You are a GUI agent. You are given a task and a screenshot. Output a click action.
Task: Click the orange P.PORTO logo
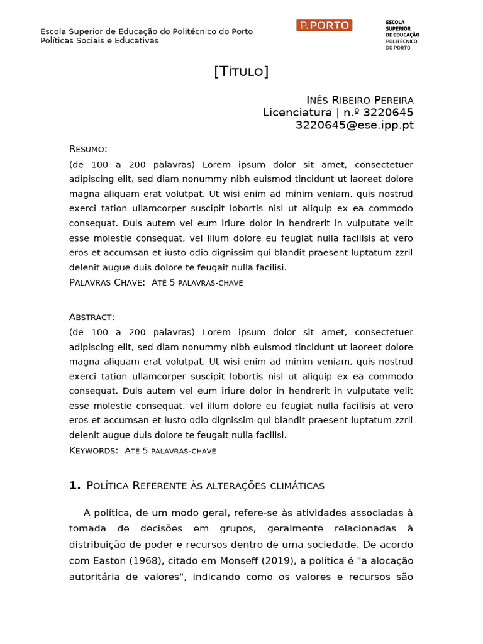(x=324, y=25)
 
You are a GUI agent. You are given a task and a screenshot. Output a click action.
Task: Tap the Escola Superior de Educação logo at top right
(x=402, y=35)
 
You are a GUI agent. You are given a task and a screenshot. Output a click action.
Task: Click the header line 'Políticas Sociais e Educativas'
(x=99, y=41)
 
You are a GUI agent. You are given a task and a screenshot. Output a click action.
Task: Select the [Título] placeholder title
(x=241, y=72)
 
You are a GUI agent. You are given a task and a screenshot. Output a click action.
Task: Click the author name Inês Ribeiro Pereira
(x=360, y=100)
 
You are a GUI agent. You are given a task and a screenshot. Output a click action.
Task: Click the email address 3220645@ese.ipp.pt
(x=355, y=125)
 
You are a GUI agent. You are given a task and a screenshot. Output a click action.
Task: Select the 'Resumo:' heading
(x=88, y=149)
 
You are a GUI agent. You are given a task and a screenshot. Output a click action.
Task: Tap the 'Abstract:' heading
(x=92, y=317)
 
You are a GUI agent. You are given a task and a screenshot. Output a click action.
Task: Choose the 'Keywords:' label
(x=94, y=450)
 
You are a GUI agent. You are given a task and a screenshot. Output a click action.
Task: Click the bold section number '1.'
(x=75, y=485)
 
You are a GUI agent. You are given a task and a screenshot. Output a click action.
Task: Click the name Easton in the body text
(x=111, y=560)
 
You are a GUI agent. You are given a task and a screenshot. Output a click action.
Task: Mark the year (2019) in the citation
(x=279, y=560)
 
